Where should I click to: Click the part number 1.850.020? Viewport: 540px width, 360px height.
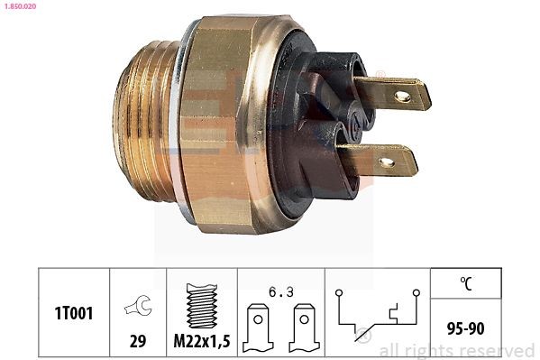[x=19, y=6]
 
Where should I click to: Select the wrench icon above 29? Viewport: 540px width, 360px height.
[x=138, y=308]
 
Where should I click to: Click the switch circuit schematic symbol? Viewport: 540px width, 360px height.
[x=378, y=315]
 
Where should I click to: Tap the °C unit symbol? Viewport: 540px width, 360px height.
[x=466, y=283]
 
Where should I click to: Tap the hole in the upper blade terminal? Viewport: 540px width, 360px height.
[x=401, y=96]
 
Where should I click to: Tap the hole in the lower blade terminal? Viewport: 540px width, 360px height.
[x=387, y=163]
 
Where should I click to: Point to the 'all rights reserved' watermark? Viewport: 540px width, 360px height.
[x=457, y=350]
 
